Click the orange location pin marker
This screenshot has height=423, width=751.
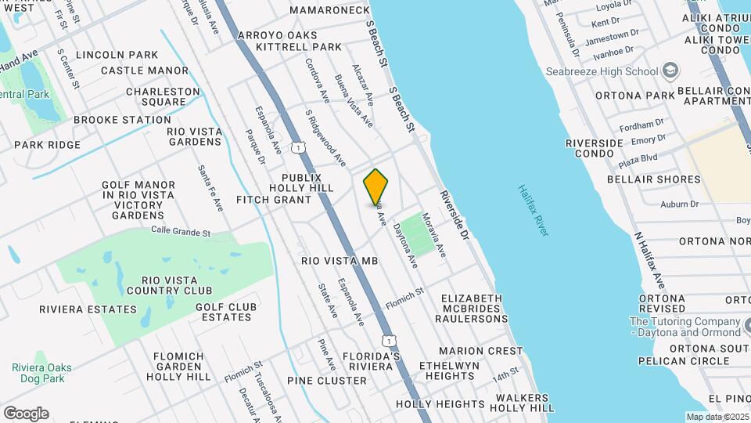click(x=376, y=186)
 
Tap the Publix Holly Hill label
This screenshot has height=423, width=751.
click(x=301, y=183)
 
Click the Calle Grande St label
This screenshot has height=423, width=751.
click(x=181, y=232)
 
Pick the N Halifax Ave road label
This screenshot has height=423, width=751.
click(x=649, y=259)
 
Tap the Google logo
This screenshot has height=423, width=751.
click(x=26, y=413)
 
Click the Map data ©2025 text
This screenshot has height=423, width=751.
click(x=716, y=417)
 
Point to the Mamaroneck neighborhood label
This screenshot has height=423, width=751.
click(x=329, y=10)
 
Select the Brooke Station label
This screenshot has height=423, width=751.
click(x=122, y=120)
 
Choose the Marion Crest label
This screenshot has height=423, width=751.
click(x=480, y=351)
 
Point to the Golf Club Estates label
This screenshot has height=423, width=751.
click(x=226, y=312)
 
